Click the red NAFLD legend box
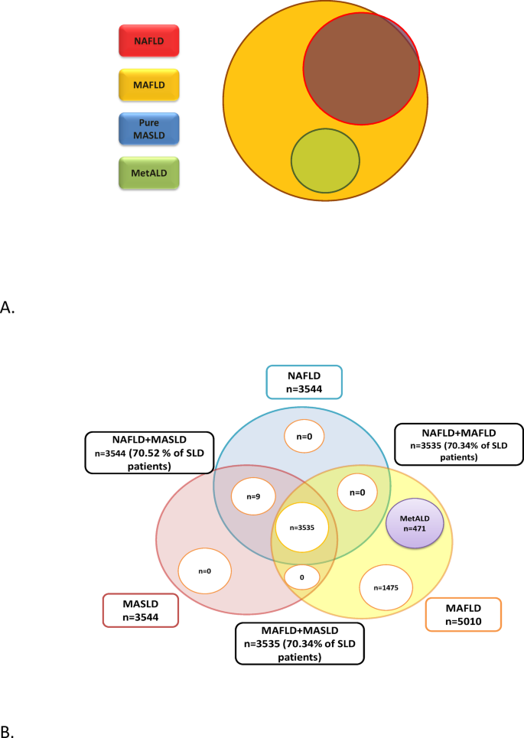[149, 41]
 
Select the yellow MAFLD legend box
[149, 85]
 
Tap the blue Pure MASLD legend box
[149, 128]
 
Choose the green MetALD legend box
[149, 172]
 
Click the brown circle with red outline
[361, 70]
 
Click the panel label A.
[8, 307]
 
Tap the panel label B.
[8, 730]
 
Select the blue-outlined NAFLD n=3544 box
[304, 382]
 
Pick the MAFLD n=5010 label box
[463, 614]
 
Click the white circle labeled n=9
[253, 496]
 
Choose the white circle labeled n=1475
[386, 587]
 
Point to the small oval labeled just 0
[303, 577]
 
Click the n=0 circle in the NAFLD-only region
[304, 437]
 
